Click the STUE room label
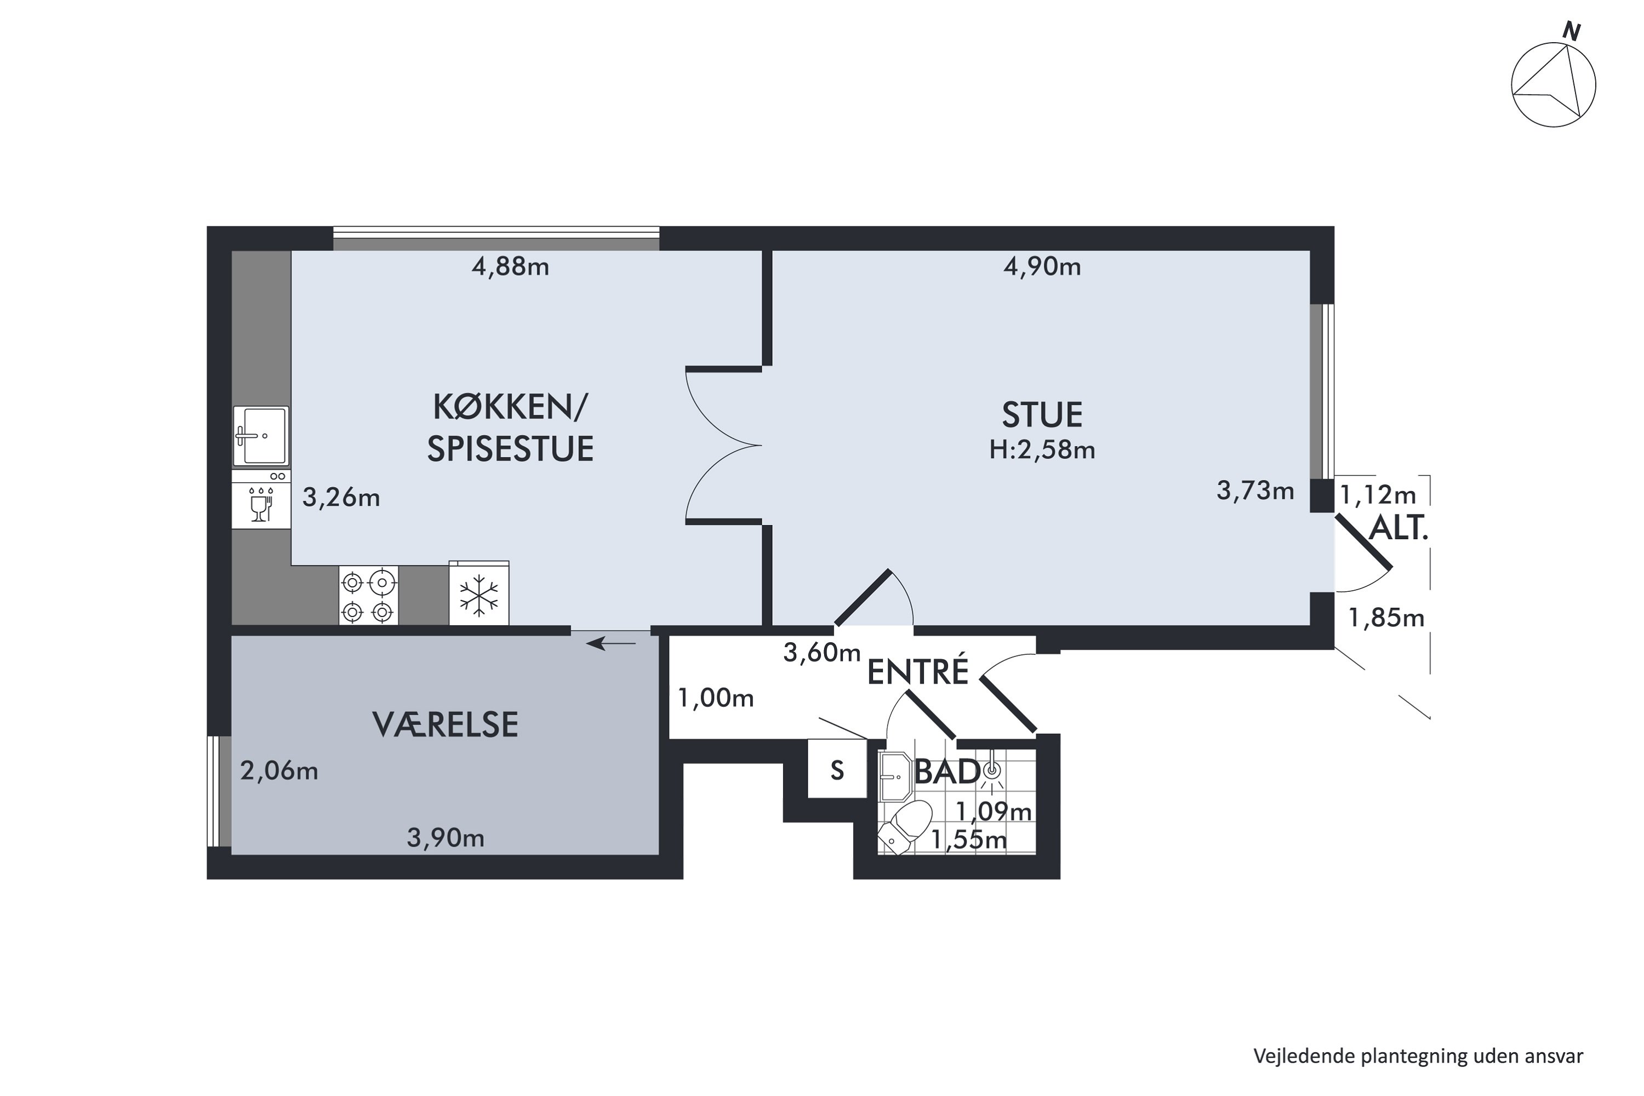pos(1042,415)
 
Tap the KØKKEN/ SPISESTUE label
pos(510,428)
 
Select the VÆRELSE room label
pos(445,725)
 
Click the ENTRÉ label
pos(918,672)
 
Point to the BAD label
pos(946,772)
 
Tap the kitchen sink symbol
pos(261,436)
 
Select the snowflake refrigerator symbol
pos(479,596)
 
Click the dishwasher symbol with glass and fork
pos(261,500)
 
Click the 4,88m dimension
pos(510,267)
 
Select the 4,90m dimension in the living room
pos(1042,267)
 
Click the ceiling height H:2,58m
pos(1042,450)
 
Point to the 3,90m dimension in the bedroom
pos(445,837)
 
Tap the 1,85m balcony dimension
pos(1385,618)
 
